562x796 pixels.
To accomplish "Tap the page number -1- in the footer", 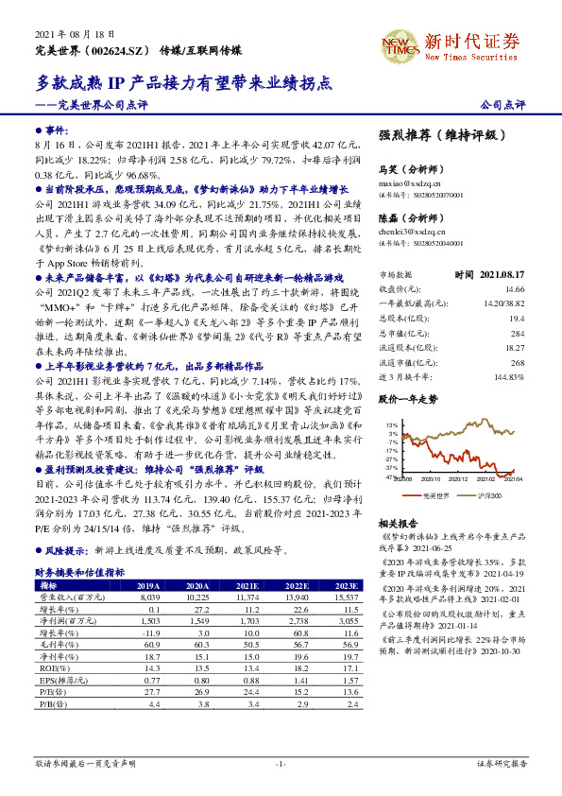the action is tap(281, 763).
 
